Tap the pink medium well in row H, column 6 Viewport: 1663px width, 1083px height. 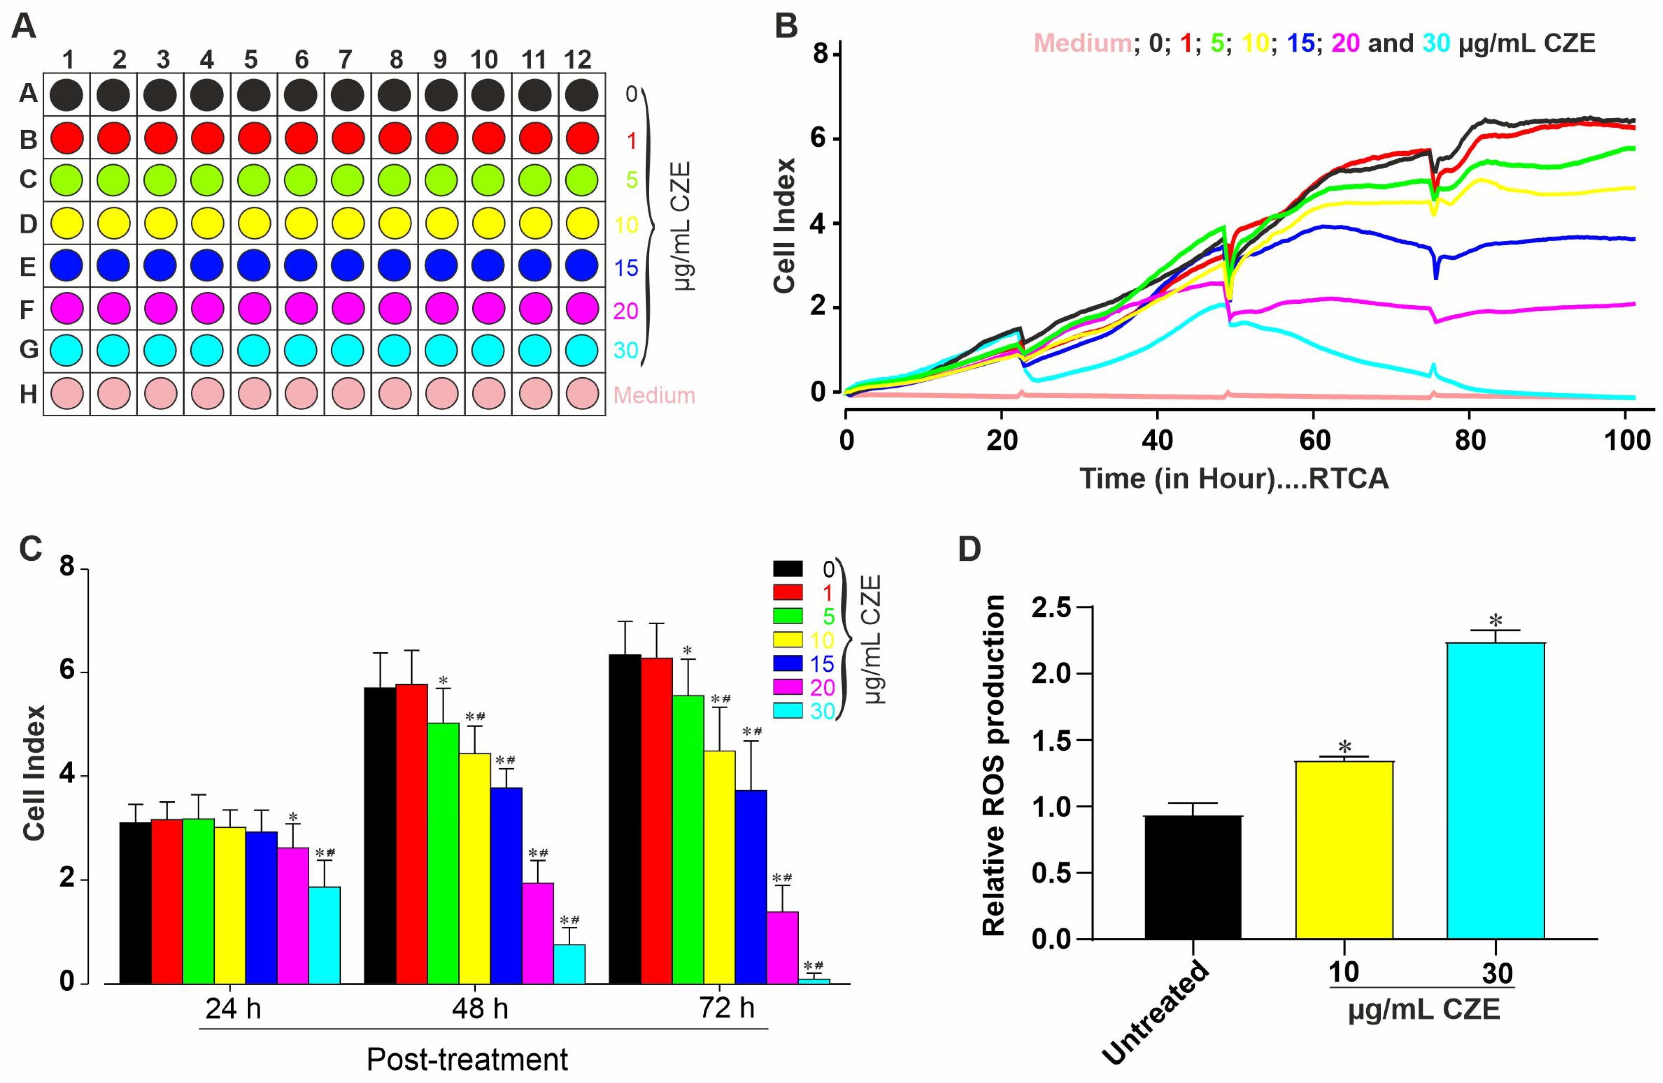pos(301,394)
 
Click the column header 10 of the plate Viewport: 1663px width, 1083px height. pos(484,60)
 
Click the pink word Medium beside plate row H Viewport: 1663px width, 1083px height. pos(654,396)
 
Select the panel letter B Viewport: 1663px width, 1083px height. pos(787,27)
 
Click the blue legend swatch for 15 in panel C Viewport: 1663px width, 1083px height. pos(787,664)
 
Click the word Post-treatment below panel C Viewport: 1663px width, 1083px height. pos(467,1059)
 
